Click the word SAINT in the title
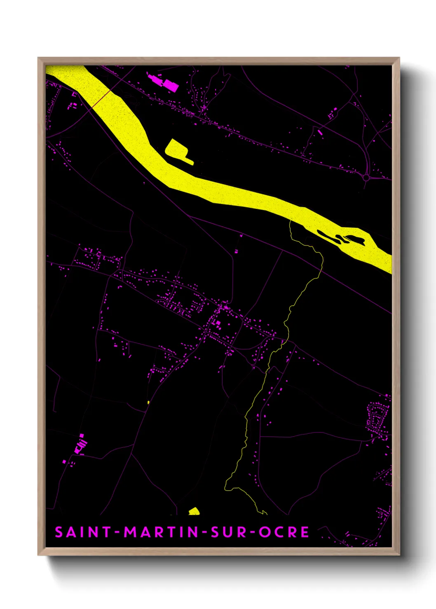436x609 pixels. (x=82, y=532)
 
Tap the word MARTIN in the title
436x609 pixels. (x=161, y=532)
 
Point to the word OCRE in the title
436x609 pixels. (x=284, y=532)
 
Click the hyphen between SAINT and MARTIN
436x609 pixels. (x=117, y=532)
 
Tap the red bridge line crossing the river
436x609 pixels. (x=101, y=99)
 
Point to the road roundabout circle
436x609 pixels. (x=366, y=178)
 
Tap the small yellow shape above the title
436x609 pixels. (x=194, y=511)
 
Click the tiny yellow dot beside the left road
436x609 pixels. (x=148, y=402)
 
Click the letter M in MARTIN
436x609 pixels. (x=131, y=532)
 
